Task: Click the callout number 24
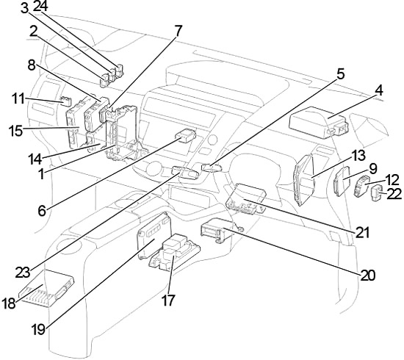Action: tap(40, 6)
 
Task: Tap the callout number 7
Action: tap(178, 31)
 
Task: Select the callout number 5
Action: tap(340, 74)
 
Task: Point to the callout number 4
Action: tap(379, 91)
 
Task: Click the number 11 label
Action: tap(19, 98)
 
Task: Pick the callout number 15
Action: tap(16, 131)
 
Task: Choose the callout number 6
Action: tap(42, 211)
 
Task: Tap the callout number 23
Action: tap(23, 273)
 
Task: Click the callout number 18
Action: tap(9, 303)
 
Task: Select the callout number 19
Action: tap(39, 329)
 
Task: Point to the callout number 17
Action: tap(168, 300)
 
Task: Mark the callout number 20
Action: tap(368, 276)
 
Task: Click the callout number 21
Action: tap(363, 232)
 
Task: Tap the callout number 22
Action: tap(394, 193)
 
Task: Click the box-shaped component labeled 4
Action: tap(319, 122)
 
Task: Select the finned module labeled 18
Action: tap(46, 289)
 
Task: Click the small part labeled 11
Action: tap(66, 101)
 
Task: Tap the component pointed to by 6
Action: tap(185, 135)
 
